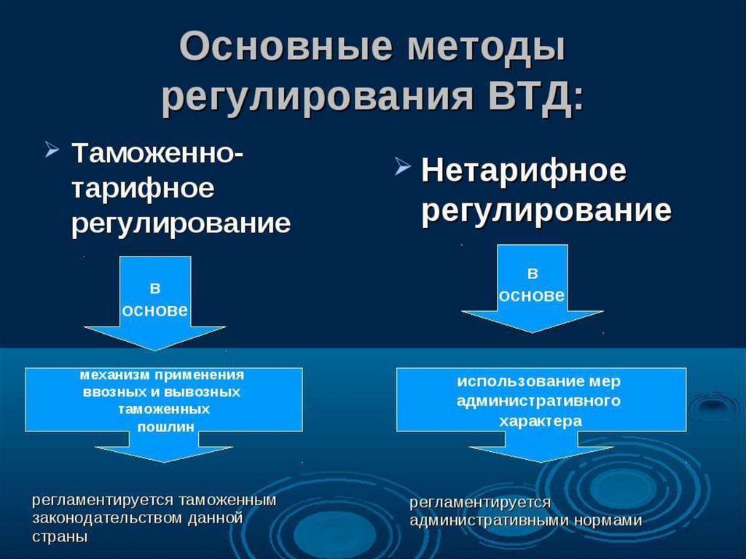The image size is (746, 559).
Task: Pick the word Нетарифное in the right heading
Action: pos(524,172)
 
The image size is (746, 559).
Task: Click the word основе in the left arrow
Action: pos(155,310)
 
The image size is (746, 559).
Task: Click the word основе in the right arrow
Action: pos(531,295)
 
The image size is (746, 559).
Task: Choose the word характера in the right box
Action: pos(540,421)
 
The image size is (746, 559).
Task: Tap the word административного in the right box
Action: pos(539,401)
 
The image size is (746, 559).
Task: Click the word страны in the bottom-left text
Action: pos(60,536)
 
